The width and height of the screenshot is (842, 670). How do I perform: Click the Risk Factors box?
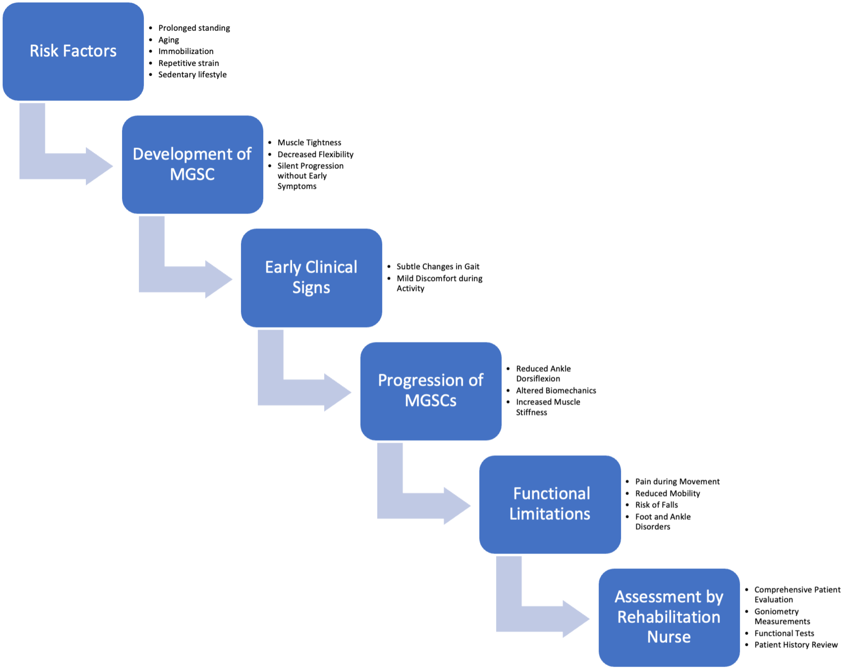73,51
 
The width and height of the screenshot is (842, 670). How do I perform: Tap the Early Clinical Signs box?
311,277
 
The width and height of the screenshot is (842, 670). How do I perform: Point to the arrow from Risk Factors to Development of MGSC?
59,166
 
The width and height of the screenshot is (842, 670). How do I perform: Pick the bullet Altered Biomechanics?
556,390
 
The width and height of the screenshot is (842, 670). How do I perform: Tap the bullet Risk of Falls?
656,505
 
